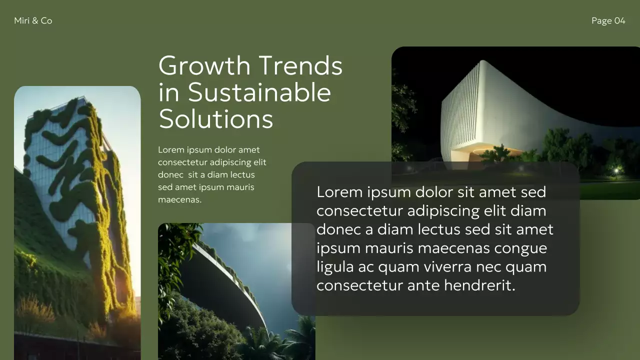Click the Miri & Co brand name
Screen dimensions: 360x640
point(33,20)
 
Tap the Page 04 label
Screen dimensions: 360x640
point(608,20)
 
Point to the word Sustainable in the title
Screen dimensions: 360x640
point(259,92)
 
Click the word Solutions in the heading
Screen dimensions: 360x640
point(216,119)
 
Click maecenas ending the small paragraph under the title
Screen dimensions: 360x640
point(179,200)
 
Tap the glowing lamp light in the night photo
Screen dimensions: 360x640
point(616,170)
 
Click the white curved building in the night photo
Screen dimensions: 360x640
point(480,110)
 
